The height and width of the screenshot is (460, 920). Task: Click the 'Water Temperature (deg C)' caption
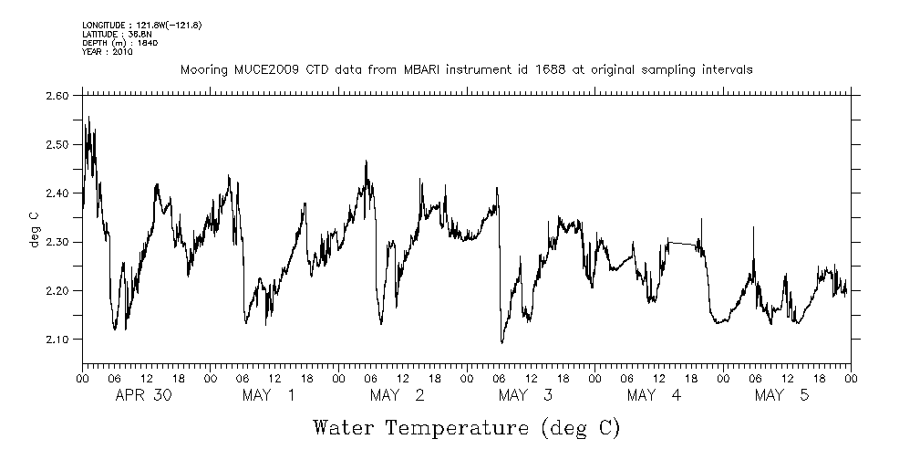pos(466,427)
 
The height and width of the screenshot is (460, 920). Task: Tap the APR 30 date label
pos(145,395)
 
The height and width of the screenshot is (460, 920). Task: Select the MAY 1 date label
pos(269,395)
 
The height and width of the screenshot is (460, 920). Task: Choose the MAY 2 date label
pos(398,395)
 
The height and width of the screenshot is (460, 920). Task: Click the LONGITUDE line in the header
pos(141,25)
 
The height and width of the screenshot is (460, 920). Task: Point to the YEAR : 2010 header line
pos(108,52)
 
